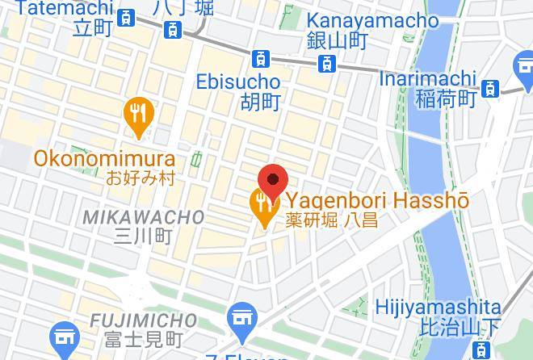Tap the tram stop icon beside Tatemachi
[x=126, y=18]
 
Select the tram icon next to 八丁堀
[x=172, y=29]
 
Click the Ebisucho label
[x=238, y=82]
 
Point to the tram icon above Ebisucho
[x=260, y=58]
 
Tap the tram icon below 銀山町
[x=326, y=63]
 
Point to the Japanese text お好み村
[x=140, y=178]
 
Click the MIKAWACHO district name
[x=144, y=217]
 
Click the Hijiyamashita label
[x=438, y=308]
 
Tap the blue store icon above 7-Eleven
[x=241, y=317]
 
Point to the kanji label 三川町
[x=144, y=237]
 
